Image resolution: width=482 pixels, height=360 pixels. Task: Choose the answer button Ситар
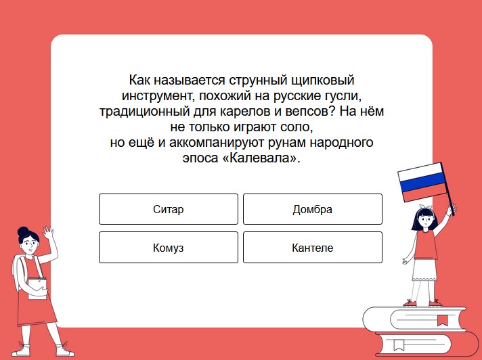[x=169, y=209]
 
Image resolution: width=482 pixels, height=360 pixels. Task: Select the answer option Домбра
[x=313, y=209]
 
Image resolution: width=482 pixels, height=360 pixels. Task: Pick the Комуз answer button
[x=169, y=247]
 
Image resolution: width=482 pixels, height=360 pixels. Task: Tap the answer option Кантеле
[x=313, y=247]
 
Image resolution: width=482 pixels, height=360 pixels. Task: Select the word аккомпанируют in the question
[x=217, y=142]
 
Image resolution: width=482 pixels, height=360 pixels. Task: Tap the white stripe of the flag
[x=420, y=172]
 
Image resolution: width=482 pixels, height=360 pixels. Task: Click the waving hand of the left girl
[x=48, y=233]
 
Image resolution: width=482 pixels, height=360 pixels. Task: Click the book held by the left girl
[x=37, y=288]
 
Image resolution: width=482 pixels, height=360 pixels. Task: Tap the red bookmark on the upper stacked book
[x=442, y=320]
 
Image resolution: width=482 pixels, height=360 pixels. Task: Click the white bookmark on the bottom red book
[x=399, y=344]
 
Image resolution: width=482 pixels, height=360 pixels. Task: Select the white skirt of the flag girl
[x=424, y=269]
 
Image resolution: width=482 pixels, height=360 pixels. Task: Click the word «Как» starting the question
[x=139, y=81]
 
